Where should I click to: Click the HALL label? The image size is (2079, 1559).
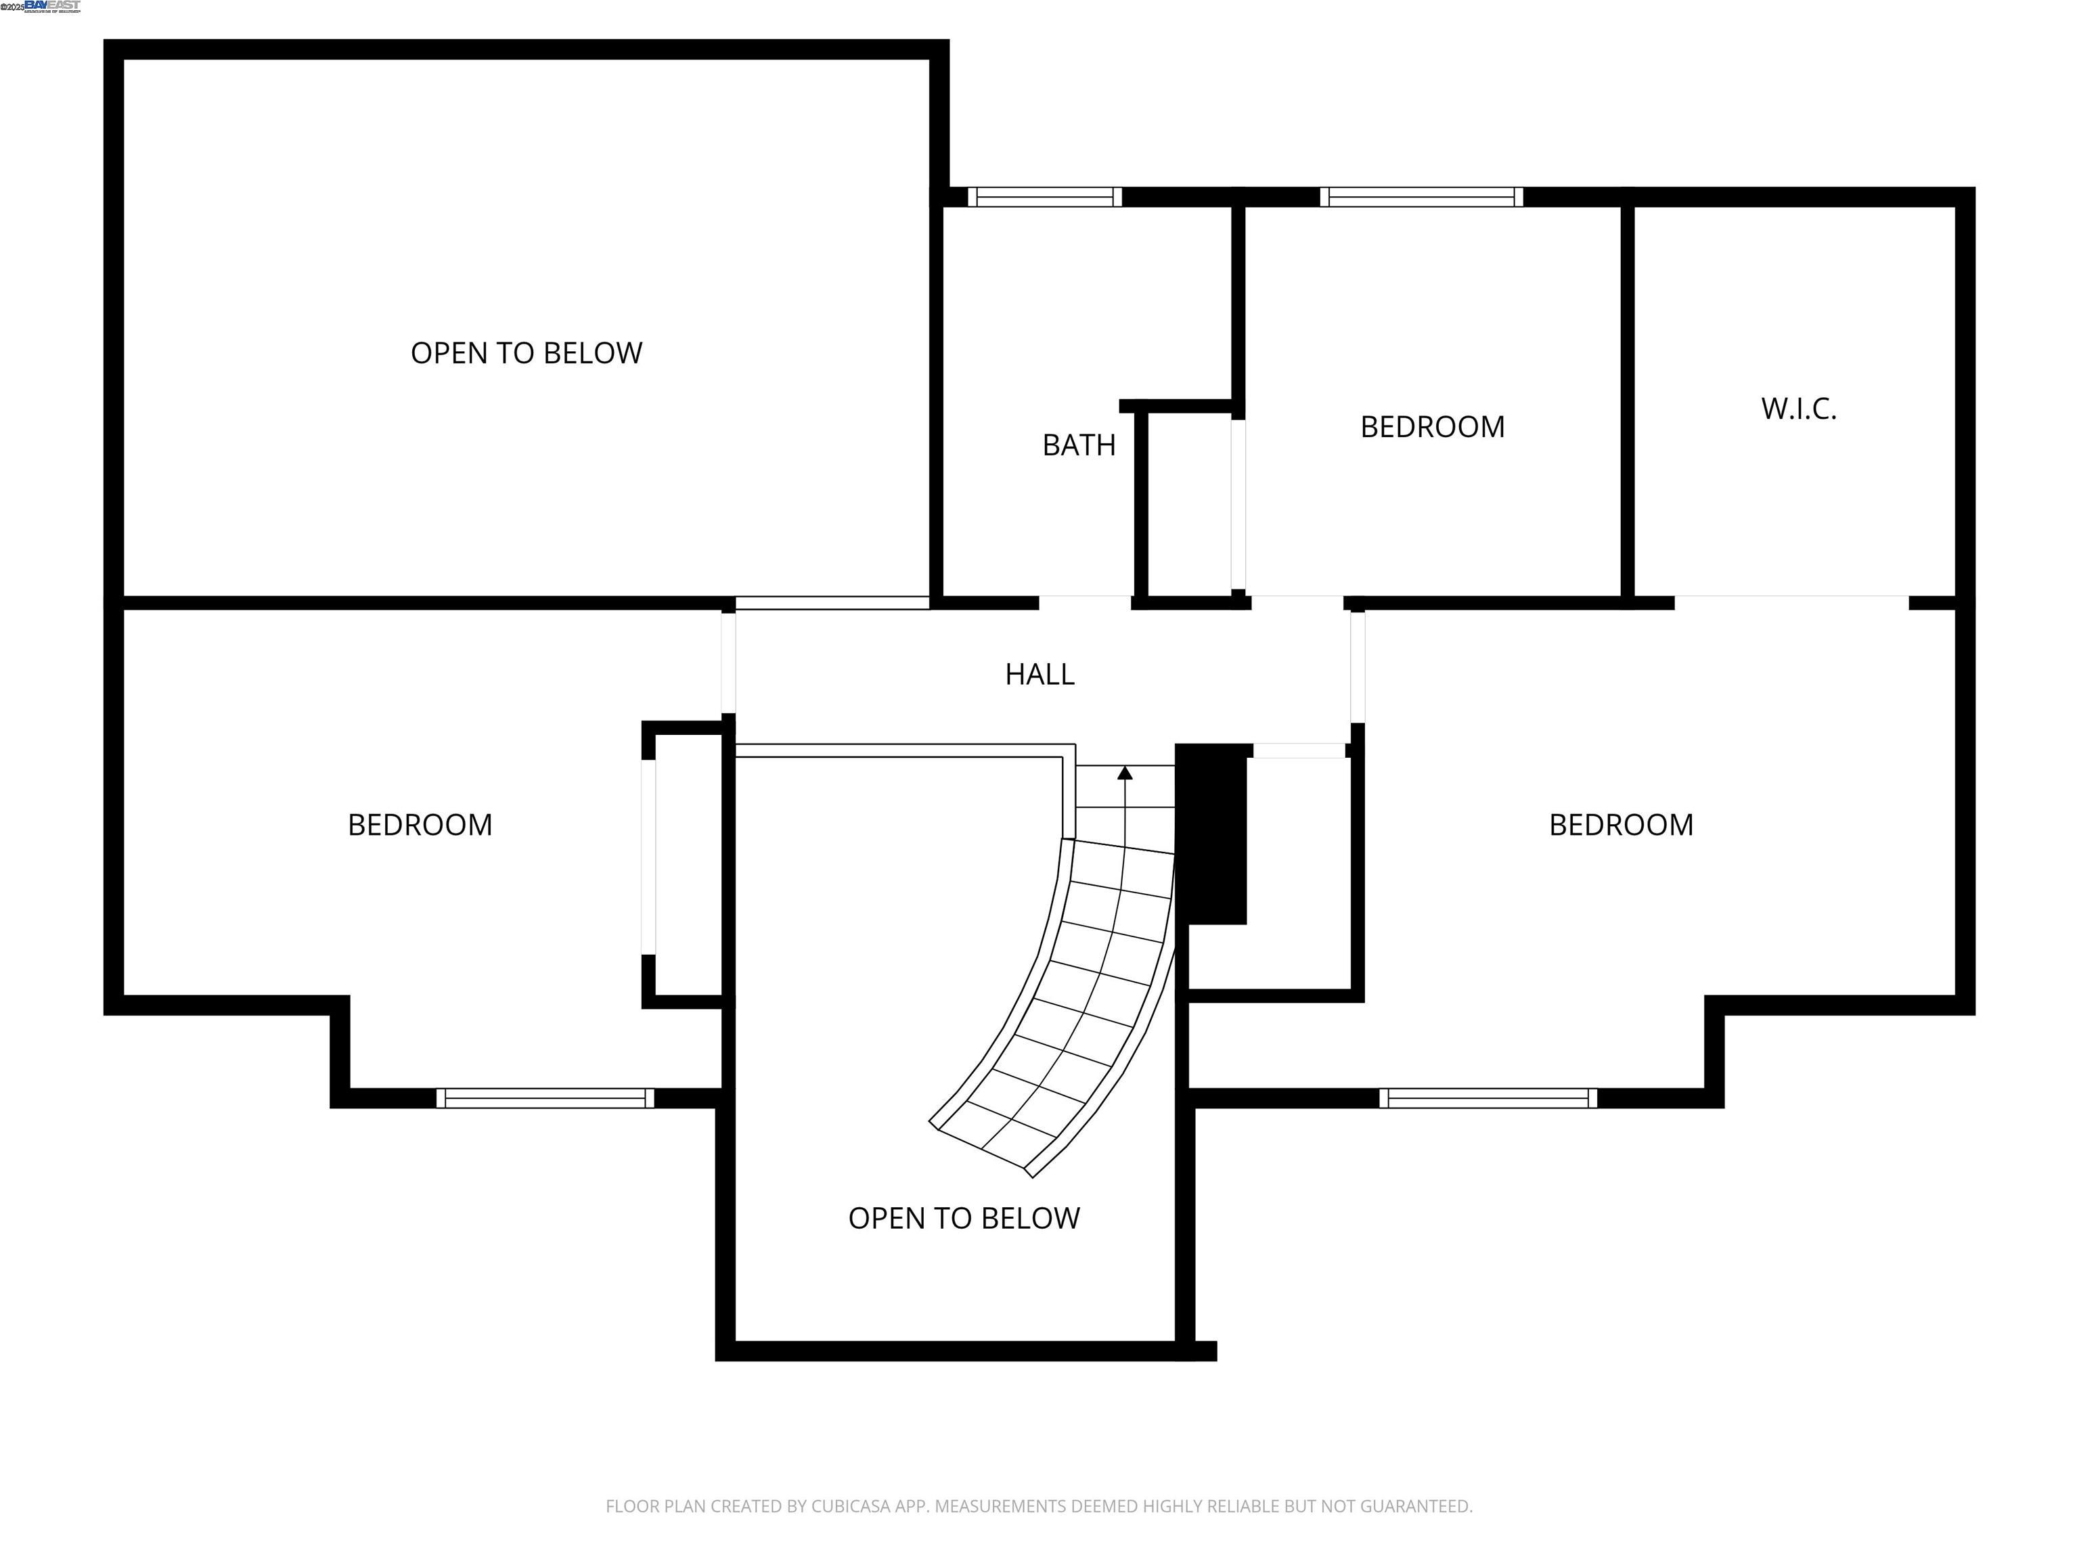coord(1039,674)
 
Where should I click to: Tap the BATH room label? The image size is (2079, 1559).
coord(1078,445)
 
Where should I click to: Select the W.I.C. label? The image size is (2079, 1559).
coord(1798,409)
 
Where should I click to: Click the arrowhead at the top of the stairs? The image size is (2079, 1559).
coord(1124,773)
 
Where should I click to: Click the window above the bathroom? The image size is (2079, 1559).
coord(1044,198)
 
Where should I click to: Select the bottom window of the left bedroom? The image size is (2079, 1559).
coord(545,1098)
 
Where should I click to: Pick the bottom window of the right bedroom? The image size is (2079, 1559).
coord(1488,1098)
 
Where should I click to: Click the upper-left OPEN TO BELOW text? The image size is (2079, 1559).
coord(527,353)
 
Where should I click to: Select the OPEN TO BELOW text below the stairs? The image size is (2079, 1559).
coord(964,1218)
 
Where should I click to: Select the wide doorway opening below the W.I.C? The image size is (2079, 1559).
coord(1791,602)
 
